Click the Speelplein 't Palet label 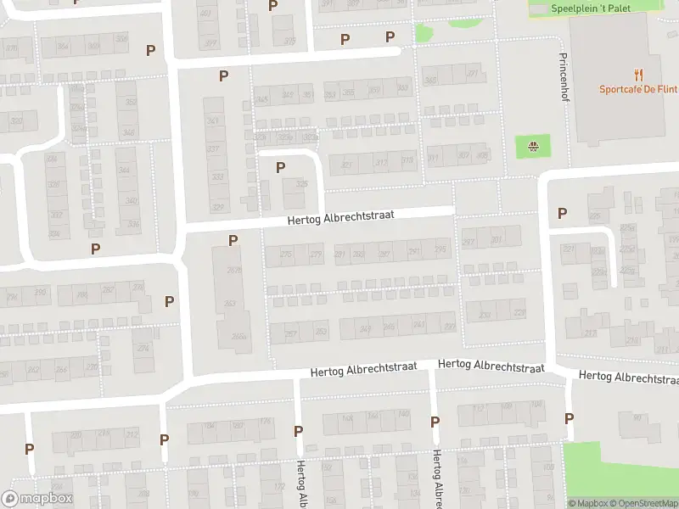coord(593,8)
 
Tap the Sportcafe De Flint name coord(637,89)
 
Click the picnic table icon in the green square coord(533,146)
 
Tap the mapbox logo coord(36,499)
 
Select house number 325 coord(300,184)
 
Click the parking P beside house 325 coord(280,167)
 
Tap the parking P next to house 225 coord(561,214)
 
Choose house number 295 coord(440,249)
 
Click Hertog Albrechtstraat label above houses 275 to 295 coord(341,217)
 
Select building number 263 coord(229,304)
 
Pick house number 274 coord(144,347)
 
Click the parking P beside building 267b coord(233,241)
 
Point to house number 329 coord(218,208)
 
